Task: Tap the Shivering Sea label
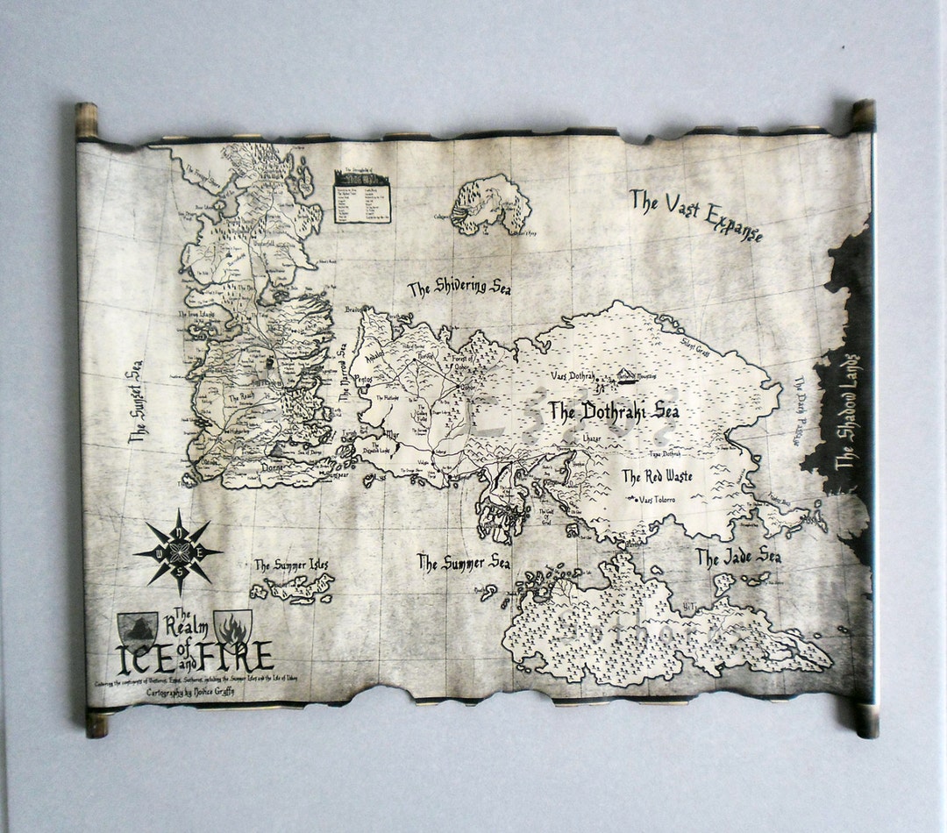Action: [459, 289]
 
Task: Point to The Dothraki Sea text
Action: [614, 412]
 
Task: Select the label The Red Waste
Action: [657, 477]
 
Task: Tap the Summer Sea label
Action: [463, 563]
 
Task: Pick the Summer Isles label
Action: [290, 566]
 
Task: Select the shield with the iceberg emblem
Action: [138, 627]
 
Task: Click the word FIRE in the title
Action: [241, 656]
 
